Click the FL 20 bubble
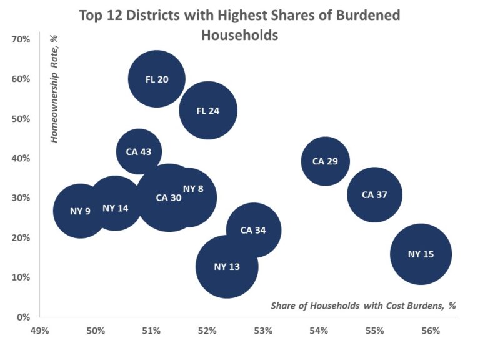(x=157, y=79)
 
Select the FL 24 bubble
(x=208, y=111)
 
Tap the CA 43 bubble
(x=139, y=151)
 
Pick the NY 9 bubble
(x=80, y=211)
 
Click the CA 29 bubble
(x=325, y=161)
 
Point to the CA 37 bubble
(x=374, y=194)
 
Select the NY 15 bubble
(x=421, y=254)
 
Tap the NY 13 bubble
(x=227, y=267)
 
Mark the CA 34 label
(x=253, y=230)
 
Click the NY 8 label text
(x=193, y=189)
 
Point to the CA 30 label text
(x=169, y=197)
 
